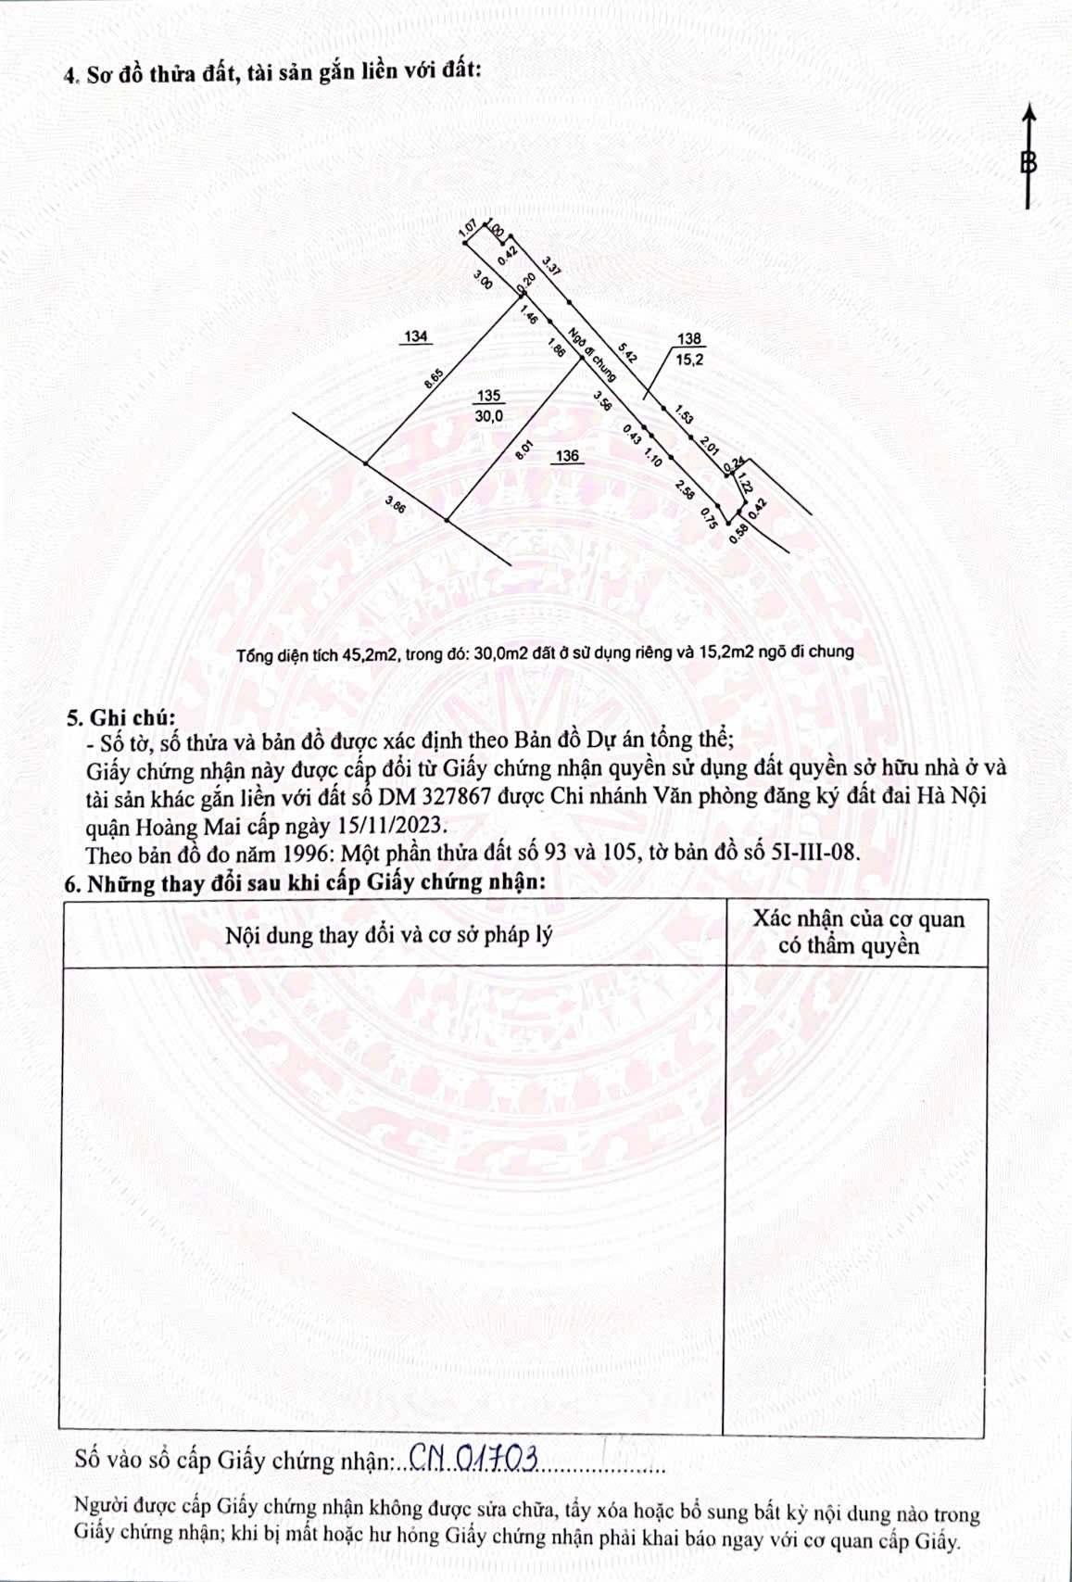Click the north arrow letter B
coord(1028,163)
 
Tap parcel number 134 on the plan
coord(416,336)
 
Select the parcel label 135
coord(487,396)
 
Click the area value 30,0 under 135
coord(488,416)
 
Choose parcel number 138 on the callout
coord(689,340)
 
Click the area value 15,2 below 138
coord(689,360)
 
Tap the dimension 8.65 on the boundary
coord(433,382)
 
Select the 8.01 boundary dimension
coord(523,450)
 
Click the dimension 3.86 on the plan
coord(396,504)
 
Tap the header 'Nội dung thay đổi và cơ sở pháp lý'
coord(389,934)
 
